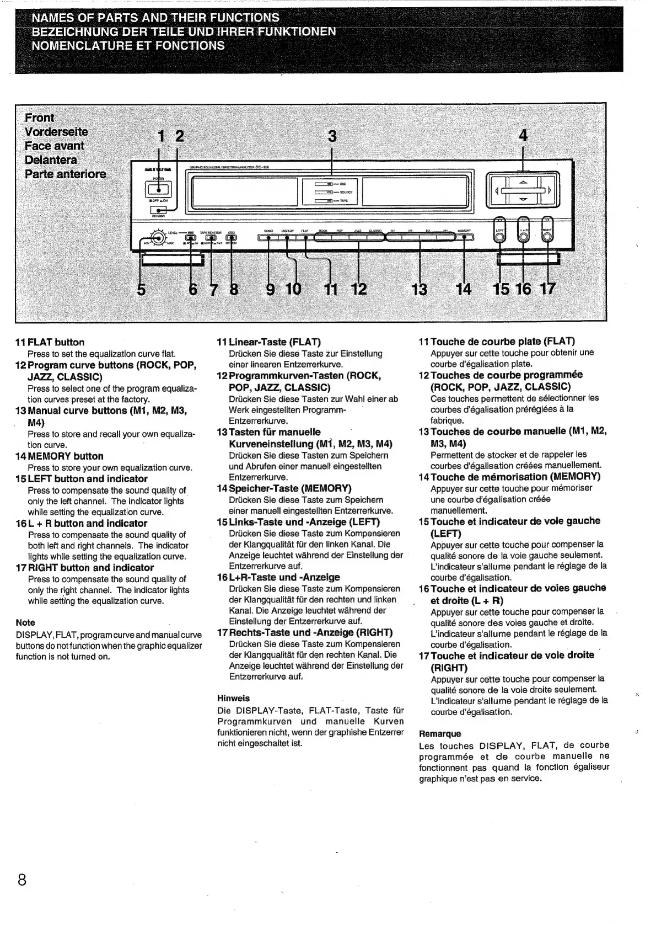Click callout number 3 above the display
tap(332, 136)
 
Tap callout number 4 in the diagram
tap(523, 136)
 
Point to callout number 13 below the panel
tap(420, 289)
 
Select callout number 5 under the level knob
tap(141, 289)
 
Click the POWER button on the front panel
tap(158, 189)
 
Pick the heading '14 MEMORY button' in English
tap(59, 456)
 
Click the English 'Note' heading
tap(25, 622)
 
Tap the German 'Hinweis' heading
tap(233, 698)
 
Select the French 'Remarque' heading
tap(440, 734)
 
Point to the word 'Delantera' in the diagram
tap(51, 160)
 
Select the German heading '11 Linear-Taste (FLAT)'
tap(269, 342)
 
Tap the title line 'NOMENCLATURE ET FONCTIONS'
tap(128, 45)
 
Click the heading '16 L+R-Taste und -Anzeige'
tap(278, 577)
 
